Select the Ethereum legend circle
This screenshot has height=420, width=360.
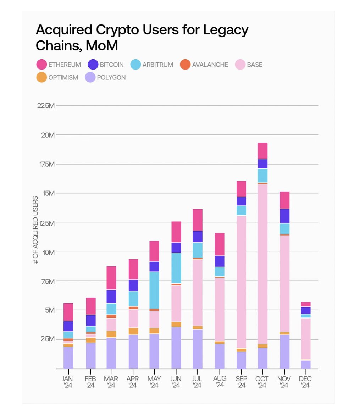pos(42,65)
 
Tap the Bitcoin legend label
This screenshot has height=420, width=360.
pos(111,65)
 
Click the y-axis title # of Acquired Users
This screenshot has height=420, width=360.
pos(35,230)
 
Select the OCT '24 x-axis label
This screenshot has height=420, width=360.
pos(262,382)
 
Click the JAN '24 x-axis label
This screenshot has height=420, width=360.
pos(68,382)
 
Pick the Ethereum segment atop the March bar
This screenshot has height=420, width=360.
pos(111,278)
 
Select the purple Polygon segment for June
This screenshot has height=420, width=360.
pos(176,348)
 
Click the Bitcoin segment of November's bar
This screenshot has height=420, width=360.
pos(284,216)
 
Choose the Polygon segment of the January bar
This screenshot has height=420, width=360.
pos(68,358)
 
